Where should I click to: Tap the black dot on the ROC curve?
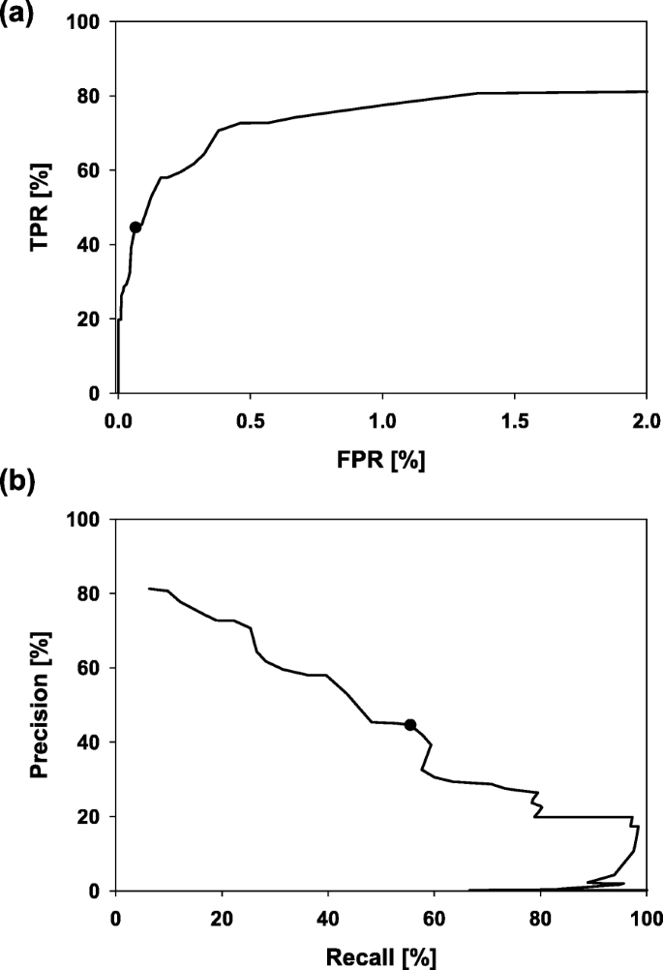(136, 227)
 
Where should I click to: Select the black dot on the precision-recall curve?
(410, 725)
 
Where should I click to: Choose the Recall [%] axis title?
(381, 956)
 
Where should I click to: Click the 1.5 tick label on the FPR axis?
(514, 421)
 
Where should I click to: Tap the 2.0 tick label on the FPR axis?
(646, 421)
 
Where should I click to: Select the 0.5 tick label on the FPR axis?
(250, 421)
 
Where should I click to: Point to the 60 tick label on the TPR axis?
(91, 170)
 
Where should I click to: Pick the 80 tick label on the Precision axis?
(91, 593)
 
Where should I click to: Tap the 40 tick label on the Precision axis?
(91, 743)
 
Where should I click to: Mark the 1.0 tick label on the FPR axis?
(381, 421)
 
